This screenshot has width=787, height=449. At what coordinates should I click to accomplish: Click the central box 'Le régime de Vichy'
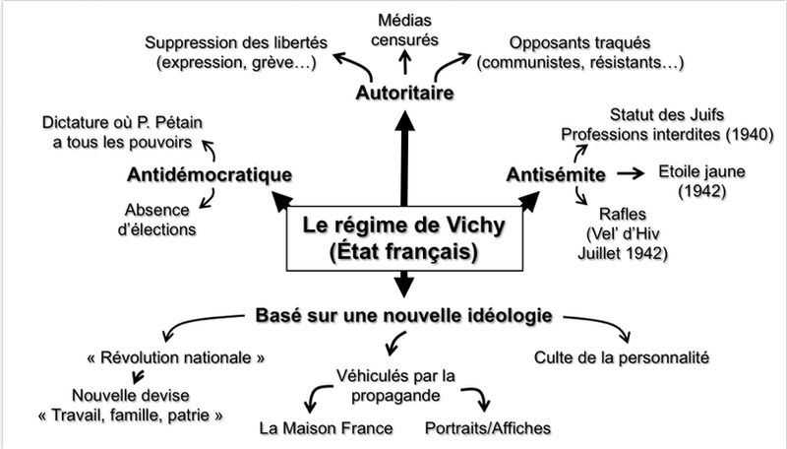[403, 238]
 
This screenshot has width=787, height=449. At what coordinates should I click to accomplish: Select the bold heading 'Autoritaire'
[403, 95]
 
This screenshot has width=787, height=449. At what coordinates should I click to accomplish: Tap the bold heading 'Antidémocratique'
[211, 175]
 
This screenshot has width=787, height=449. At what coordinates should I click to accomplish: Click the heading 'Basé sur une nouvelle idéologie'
[404, 316]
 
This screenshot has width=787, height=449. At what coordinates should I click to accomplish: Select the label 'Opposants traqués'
[579, 43]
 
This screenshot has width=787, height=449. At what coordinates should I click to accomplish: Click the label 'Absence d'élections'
[159, 219]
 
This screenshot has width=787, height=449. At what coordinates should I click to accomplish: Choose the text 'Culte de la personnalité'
[621, 355]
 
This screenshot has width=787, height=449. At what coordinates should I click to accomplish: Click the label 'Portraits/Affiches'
[489, 428]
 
